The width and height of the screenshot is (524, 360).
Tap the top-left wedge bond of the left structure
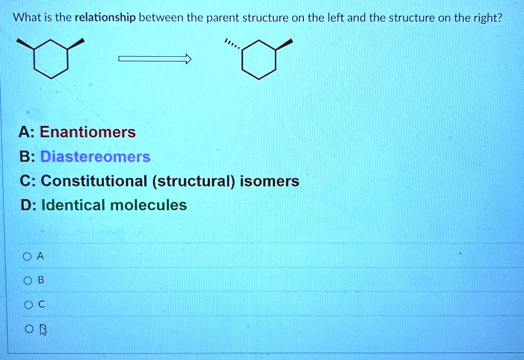[26, 44]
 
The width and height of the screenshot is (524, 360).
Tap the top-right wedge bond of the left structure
[76, 43]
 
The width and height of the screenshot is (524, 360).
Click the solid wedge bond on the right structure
[285, 44]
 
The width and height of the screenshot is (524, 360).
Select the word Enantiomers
[88, 132]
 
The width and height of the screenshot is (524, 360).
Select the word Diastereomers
[95, 156]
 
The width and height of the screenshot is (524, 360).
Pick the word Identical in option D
[74, 206]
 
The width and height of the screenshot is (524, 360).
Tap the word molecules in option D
[149, 206]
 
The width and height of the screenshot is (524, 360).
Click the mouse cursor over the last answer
[42, 330]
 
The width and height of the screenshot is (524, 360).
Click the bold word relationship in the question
[105, 18]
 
